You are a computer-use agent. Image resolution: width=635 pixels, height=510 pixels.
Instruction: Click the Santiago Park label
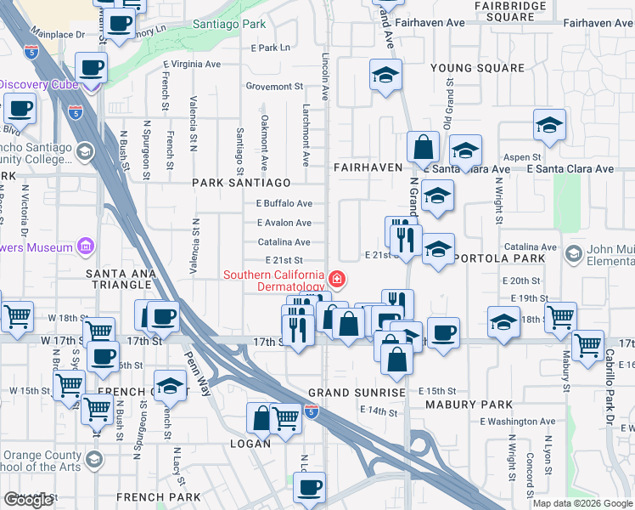click(x=228, y=25)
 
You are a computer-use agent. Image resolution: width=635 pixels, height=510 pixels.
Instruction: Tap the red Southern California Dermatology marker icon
click(x=337, y=279)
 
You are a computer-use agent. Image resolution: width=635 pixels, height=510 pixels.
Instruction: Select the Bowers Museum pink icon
click(x=85, y=248)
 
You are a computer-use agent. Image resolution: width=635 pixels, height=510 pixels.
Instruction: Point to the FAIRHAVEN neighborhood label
click(x=368, y=167)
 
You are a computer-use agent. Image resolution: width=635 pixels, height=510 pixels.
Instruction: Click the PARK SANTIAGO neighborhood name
click(x=241, y=183)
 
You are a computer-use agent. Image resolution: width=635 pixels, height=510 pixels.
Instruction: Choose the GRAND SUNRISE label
click(x=345, y=394)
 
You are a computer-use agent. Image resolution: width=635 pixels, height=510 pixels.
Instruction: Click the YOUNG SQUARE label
click(x=477, y=68)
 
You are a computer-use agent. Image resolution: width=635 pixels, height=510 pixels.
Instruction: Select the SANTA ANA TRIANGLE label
click(x=130, y=273)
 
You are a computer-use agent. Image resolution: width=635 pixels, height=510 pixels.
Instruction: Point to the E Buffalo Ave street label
click(x=284, y=203)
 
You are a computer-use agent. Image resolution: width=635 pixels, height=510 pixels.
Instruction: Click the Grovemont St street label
click(x=273, y=86)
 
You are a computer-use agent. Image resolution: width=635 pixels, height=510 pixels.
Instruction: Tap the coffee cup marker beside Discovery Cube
click(x=91, y=68)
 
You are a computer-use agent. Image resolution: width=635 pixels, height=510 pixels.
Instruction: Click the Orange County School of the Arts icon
click(x=94, y=460)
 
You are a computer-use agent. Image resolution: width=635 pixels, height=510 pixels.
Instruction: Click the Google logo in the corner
click(x=29, y=500)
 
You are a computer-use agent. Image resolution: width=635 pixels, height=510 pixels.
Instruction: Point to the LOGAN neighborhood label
click(x=250, y=444)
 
